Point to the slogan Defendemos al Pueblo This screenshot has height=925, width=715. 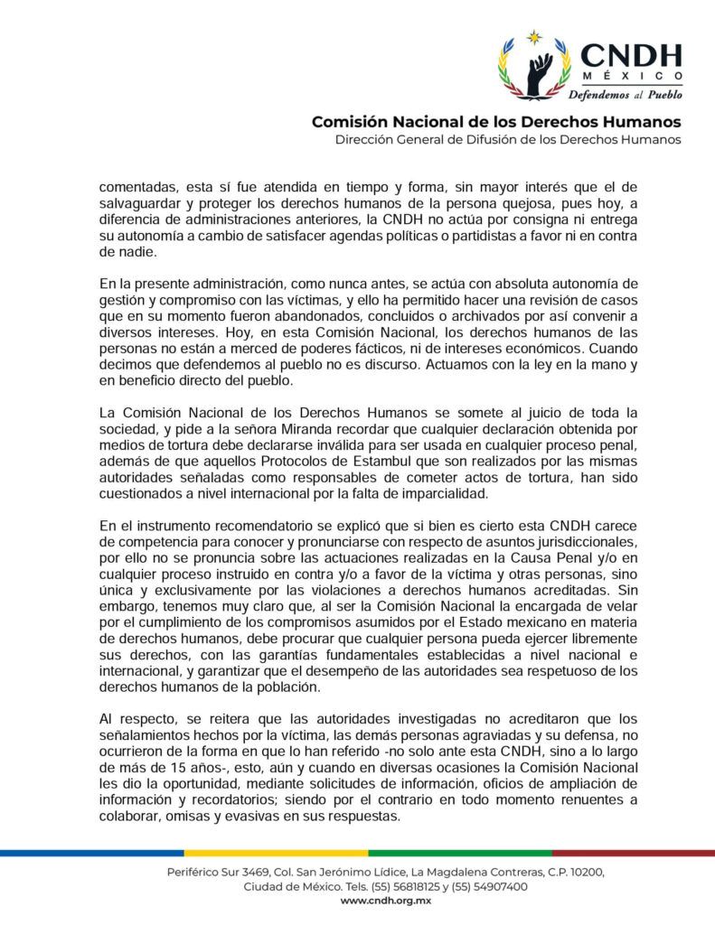click(x=625, y=94)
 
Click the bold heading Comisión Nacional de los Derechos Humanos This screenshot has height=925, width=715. click(x=496, y=122)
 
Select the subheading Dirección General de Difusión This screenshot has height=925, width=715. click(x=508, y=140)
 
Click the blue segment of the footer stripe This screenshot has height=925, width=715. click(x=90, y=852)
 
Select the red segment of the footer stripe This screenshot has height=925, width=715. click(x=633, y=852)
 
